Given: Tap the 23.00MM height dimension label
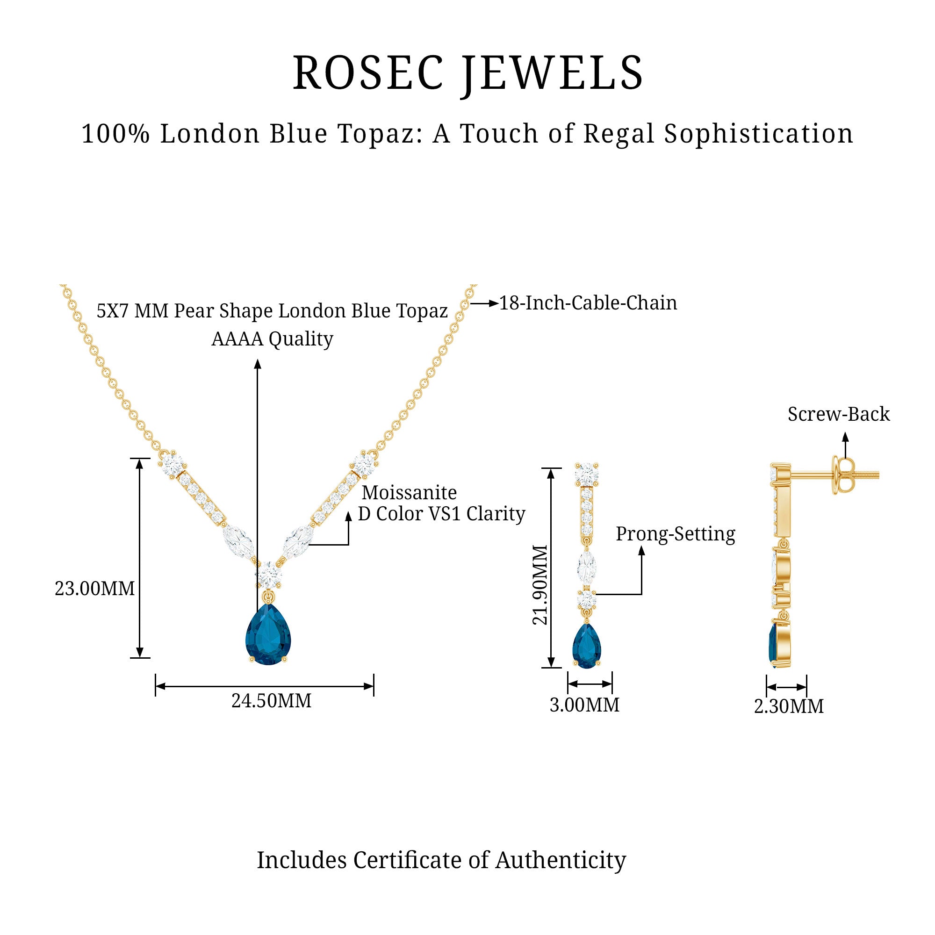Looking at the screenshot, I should coord(94,589).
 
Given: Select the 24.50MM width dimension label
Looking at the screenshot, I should coord(271,701).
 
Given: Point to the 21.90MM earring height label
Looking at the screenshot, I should coord(540,585).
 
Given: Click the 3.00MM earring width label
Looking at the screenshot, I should coord(584,705).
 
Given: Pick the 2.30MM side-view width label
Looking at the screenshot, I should coord(788,706).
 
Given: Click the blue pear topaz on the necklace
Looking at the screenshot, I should coord(267,634).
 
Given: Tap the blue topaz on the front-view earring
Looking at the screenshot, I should coord(587,647).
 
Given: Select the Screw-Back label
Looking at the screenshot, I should coord(838,414).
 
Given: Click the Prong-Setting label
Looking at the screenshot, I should coord(675,534).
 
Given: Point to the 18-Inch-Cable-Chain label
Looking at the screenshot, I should coord(588,303).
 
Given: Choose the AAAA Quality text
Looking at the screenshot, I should coord(272,339).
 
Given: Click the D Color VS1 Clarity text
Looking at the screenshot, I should coord(441,514).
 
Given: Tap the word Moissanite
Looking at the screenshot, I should coord(409,493).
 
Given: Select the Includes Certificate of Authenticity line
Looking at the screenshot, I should coord(441,860).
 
